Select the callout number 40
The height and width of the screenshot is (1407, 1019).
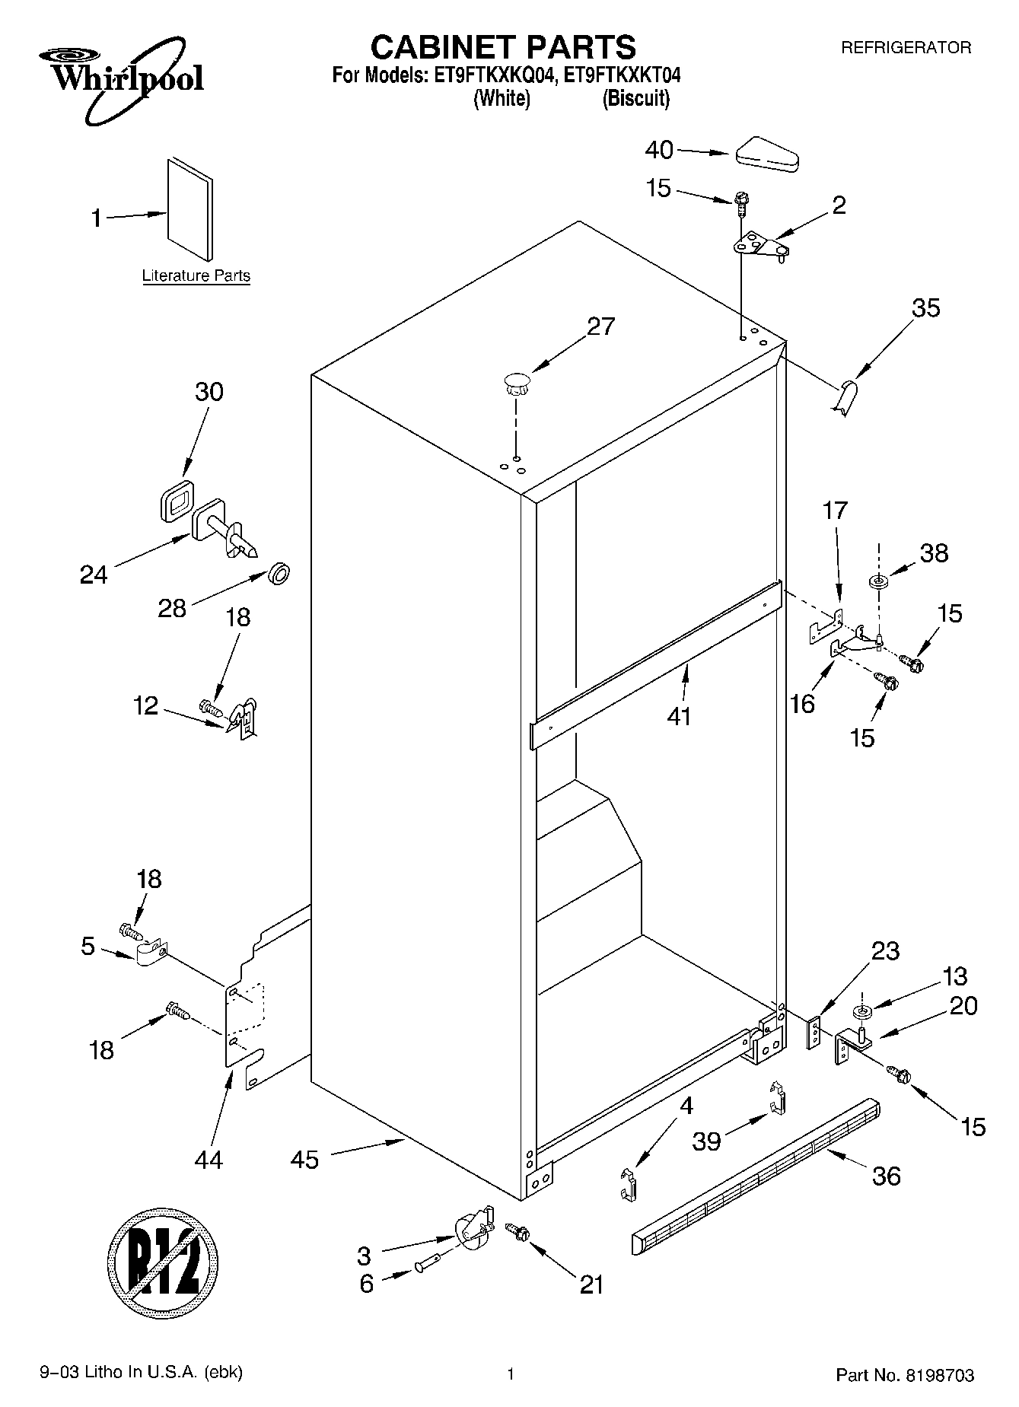point(658,150)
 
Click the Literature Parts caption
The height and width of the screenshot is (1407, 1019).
point(196,276)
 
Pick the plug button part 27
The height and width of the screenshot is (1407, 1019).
point(516,383)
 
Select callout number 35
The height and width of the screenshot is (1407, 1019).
point(925,308)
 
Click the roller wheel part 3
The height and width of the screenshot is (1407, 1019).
point(473,1231)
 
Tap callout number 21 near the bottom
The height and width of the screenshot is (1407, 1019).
point(591,1284)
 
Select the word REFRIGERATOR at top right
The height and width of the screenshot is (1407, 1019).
point(906,48)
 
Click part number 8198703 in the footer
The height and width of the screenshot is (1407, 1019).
point(940,1375)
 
